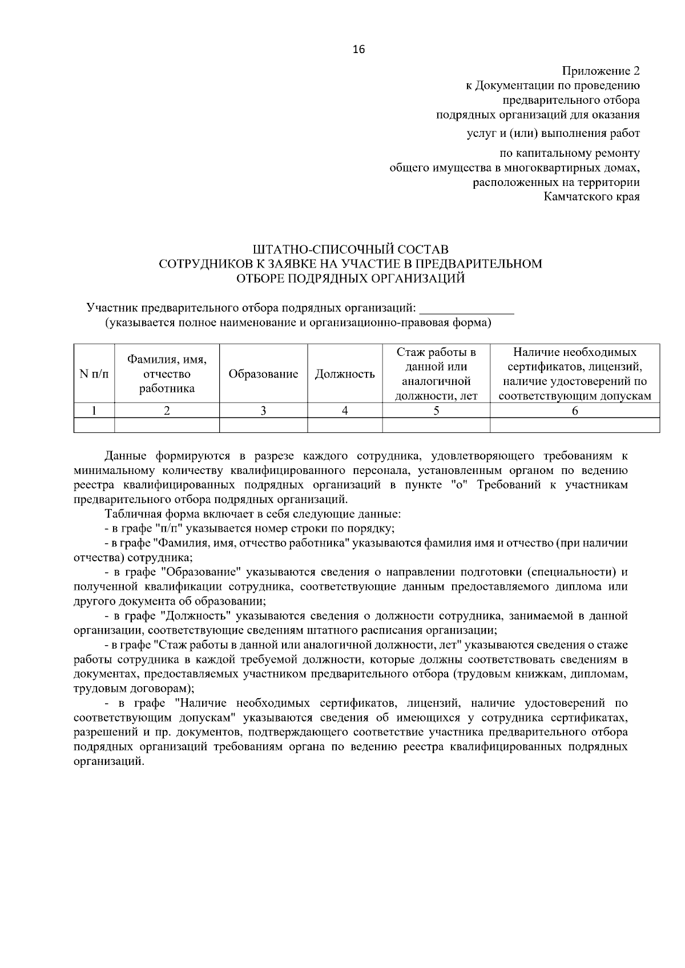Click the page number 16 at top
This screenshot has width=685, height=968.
point(358,49)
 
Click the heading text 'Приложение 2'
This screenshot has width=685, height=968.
point(601,71)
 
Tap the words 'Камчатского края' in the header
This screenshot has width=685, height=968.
point(591,197)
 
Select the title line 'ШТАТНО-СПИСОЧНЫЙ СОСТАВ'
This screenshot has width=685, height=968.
point(350,249)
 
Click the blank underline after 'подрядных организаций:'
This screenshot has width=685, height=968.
point(466,310)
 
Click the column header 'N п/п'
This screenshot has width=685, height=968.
point(94,374)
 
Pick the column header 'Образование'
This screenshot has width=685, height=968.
point(263,374)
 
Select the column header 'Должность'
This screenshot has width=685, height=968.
point(345,374)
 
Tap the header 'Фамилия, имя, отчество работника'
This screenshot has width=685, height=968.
point(167,374)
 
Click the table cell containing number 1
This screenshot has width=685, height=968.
point(94,410)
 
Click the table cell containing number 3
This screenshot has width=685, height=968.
point(263,410)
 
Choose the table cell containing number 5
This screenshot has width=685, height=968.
point(436,410)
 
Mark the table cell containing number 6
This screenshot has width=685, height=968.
point(575,410)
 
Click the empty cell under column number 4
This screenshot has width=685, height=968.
point(345,425)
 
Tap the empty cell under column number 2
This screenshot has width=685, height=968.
point(167,425)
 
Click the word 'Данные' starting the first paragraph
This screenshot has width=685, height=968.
point(126,456)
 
